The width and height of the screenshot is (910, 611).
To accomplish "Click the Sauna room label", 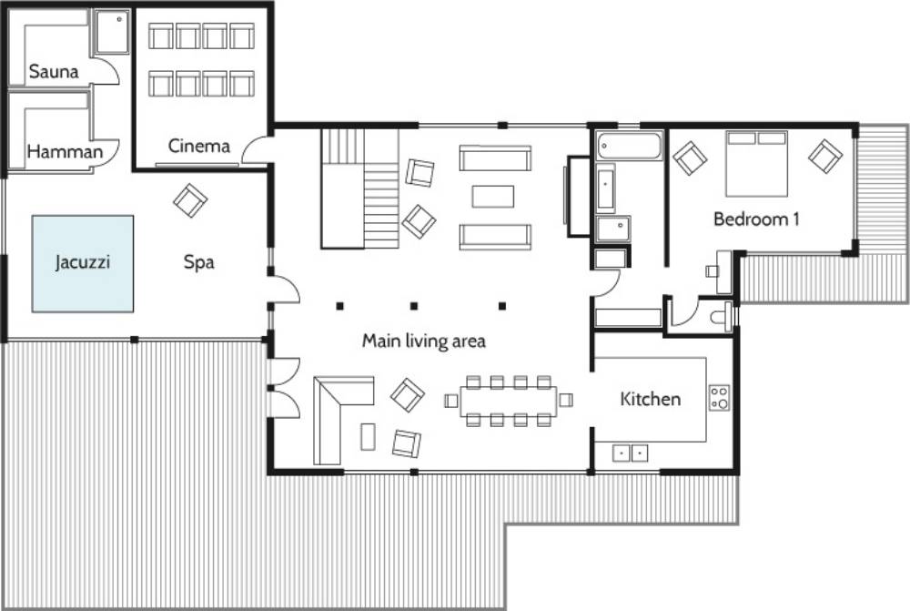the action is (54, 71).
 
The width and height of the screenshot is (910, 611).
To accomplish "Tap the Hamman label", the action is (65, 151).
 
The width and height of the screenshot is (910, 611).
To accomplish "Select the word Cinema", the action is (199, 145).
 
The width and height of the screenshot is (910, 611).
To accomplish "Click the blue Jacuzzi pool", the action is (83, 264).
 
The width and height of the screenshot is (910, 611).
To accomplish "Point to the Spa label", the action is (199, 262).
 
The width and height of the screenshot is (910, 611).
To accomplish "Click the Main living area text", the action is (424, 341).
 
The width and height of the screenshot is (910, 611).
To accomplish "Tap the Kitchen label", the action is (650, 399).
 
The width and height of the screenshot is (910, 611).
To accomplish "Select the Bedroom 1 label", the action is (756, 219).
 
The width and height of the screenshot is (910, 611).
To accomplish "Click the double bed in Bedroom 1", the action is (756, 164).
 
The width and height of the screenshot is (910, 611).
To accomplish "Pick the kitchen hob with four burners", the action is (720, 399).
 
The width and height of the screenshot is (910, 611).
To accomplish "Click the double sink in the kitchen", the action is (631, 453).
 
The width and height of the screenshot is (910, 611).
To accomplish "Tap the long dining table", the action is (509, 402).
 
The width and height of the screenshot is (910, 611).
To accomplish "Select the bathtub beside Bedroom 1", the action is (629, 145).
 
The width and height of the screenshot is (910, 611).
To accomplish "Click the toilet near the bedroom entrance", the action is (722, 317).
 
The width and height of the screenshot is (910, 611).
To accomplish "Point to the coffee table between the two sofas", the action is (492, 197).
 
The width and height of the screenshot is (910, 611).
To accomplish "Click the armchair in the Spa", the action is (190, 200).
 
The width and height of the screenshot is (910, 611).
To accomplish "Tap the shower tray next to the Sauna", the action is (111, 32).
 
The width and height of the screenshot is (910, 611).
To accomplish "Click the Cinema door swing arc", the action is (253, 148).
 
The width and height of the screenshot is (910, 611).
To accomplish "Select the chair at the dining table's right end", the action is (566, 400).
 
